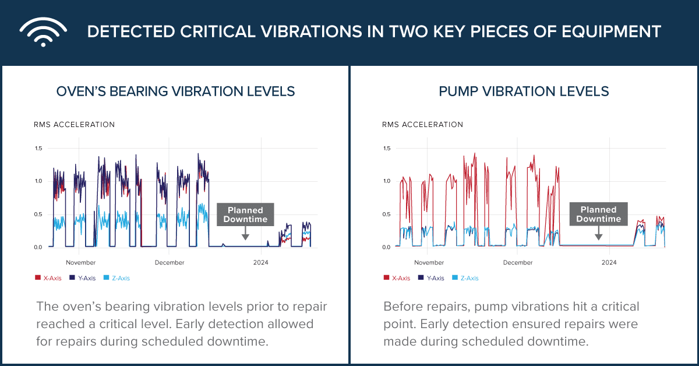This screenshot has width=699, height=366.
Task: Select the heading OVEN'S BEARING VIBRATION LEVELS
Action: pos(175,91)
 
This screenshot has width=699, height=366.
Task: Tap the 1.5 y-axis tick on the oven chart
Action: pos(38,148)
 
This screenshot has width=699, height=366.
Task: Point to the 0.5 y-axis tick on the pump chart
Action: pos(386,214)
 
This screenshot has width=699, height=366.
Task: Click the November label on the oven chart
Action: pos(81,263)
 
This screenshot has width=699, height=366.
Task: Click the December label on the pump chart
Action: pos(518,263)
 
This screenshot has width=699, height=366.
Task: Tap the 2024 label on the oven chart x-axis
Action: pos(260,263)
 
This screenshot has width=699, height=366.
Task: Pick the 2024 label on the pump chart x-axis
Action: pos(609,263)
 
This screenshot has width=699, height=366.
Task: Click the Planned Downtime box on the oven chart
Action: pos(245,214)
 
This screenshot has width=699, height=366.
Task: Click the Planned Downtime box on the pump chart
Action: pos(598,214)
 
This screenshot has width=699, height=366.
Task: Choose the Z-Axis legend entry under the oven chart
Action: pos(116,279)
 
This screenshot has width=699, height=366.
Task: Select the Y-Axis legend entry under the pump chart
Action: pos(432,279)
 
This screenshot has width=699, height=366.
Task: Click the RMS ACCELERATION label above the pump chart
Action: pos(422,125)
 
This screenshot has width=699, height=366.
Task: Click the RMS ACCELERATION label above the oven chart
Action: pos(74,125)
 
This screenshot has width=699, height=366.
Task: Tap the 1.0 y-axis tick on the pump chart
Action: pos(386,181)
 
